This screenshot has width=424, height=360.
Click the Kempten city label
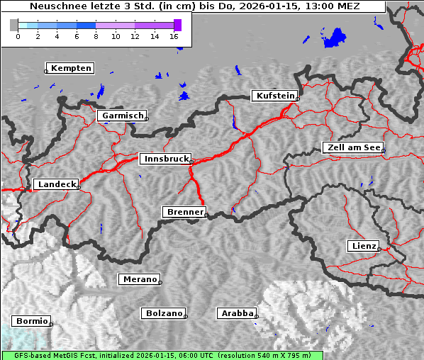tap(71, 68)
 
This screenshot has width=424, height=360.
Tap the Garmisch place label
tap(123, 116)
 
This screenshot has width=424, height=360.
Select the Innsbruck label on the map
tap(166, 159)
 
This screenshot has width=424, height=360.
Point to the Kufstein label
tap(275, 96)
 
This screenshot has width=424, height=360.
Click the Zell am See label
tap(354, 147)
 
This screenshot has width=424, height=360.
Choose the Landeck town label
tap(57, 184)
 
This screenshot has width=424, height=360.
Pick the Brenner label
tap(185, 212)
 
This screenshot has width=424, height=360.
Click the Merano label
tap(140, 279)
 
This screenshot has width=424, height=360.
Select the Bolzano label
tap(164, 313)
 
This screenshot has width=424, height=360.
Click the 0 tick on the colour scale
tap(18, 35)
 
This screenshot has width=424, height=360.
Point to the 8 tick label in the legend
tap(96, 35)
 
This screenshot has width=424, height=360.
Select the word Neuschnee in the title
tap(54, 6)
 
